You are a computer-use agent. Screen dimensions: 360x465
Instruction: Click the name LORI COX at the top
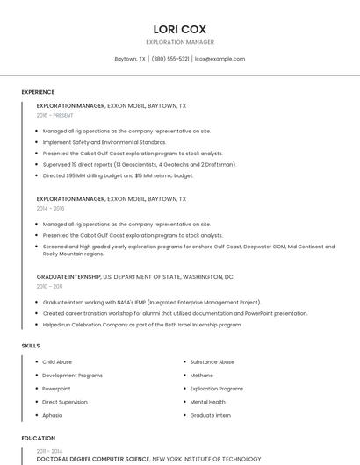[x=179, y=29]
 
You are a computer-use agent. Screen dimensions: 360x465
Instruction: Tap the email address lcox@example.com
[x=220, y=59]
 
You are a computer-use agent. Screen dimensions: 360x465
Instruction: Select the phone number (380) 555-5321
[x=170, y=59]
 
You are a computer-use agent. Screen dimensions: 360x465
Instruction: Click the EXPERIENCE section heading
[x=38, y=92]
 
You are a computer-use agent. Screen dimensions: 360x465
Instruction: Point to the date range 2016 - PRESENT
[x=55, y=115]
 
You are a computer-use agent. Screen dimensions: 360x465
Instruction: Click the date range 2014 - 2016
[x=51, y=209]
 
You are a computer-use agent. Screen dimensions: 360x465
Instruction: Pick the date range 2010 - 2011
[x=49, y=286]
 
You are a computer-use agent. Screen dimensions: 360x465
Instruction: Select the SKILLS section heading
[x=31, y=346]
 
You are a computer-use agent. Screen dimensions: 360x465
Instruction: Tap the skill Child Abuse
[x=57, y=361]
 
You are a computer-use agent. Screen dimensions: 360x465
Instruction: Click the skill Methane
[x=202, y=375]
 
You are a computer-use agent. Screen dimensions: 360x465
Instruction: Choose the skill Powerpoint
[x=56, y=388]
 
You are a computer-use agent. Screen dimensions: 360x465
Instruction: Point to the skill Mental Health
[x=209, y=401]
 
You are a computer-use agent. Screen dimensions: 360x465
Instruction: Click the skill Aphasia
[x=53, y=415]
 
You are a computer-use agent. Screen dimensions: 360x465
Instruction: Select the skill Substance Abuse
[x=212, y=361]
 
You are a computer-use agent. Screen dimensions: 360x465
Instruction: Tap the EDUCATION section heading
[x=38, y=438]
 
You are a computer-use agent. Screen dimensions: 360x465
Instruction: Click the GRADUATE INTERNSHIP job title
[x=68, y=276]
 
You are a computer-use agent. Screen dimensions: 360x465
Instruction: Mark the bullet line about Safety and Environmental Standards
[x=104, y=142]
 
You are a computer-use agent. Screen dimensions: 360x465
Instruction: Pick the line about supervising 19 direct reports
[x=127, y=164]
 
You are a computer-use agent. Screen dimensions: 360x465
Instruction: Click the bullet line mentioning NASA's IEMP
[x=152, y=302]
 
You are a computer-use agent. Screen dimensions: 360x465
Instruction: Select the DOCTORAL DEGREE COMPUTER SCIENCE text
[x=93, y=459]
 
